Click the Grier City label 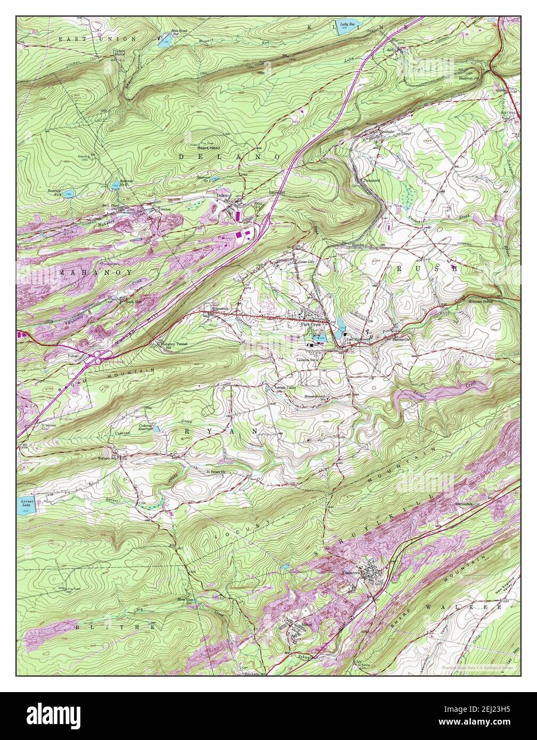[309, 261]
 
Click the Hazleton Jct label [470, 78]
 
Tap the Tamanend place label [371, 180]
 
